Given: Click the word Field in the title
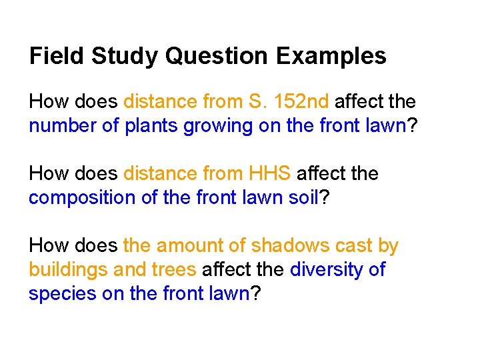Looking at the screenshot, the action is coord(56,56).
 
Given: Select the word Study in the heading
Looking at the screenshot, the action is coord(125,57).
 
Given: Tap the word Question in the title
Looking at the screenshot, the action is coord(217,56).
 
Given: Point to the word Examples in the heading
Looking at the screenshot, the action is coord(331,57).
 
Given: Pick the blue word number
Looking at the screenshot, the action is coord(63,125).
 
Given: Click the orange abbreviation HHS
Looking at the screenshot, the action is coord(269,173).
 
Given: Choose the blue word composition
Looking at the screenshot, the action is coord(82,199).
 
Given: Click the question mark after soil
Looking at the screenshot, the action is coord(324,197).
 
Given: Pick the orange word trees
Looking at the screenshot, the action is coord(173,270).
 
